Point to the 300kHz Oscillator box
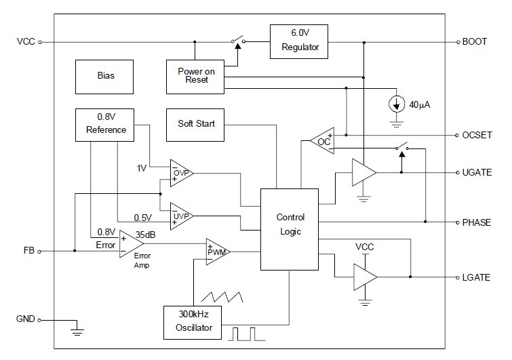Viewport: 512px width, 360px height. (193, 323)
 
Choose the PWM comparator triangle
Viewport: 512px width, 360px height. (218, 252)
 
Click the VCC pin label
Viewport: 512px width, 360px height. (26, 42)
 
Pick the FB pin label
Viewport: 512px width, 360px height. (28, 251)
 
